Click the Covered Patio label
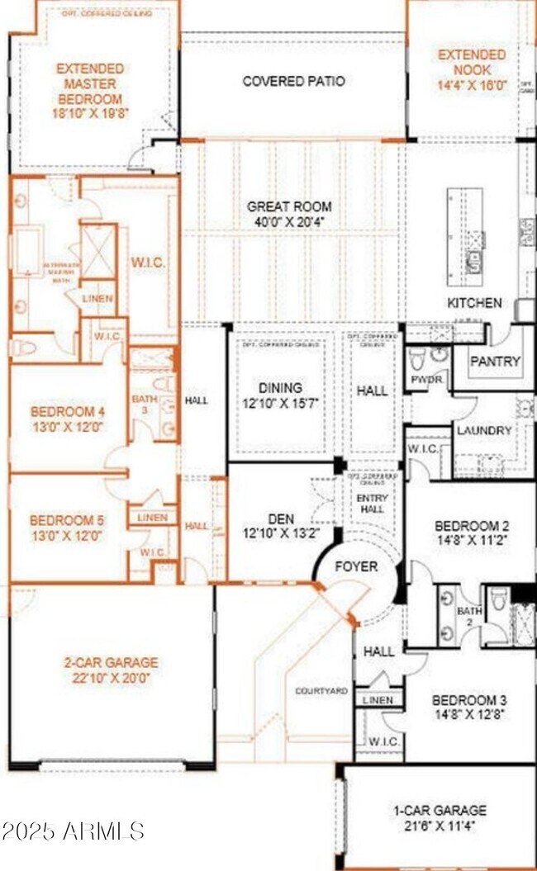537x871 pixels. tap(293, 81)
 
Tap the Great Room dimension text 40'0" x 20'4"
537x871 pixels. tap(289, 222)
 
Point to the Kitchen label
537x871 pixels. tap(474, 303)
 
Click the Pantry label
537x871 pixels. tap(495, 361)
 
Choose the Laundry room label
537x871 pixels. tap(484, 430)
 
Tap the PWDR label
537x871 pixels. tap(425, 381)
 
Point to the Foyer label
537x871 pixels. tap(357, 566)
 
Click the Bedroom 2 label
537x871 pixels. tap(471, 526)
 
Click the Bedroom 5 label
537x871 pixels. tap(67, 521)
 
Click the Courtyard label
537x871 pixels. tap(321, 690)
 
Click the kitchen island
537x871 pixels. tap(464, 236)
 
